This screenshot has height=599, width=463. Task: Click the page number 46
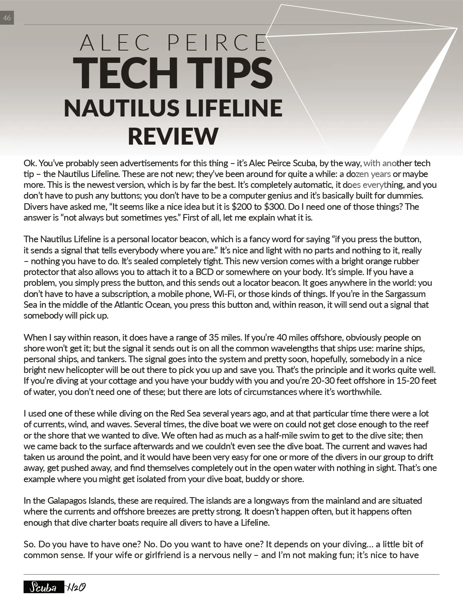[7, 18]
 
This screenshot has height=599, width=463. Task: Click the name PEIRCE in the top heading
[217, 42]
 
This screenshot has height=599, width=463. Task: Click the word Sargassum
[405, 294]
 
